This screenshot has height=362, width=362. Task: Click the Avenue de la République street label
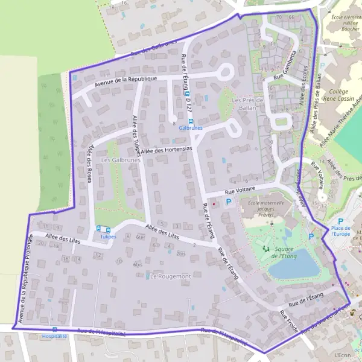[x=130, y=79]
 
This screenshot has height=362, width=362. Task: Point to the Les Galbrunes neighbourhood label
[x=121, y=160]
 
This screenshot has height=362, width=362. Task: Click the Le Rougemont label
[x=170, y=276]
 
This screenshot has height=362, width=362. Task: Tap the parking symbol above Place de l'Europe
[x=340, y=221]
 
